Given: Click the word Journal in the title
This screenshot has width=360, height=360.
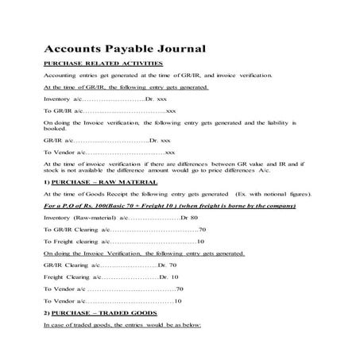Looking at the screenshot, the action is pos(161,48).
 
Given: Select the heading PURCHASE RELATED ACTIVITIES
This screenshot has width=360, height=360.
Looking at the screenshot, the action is pos(103,63).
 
